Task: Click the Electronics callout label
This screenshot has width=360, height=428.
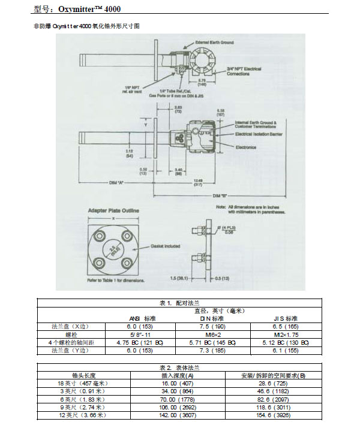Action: click(246, 146)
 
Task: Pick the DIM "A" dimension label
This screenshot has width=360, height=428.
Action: click(117, 182)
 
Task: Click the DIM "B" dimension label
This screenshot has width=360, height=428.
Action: click(221, 195)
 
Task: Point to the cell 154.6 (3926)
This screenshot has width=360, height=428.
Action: click(275, 415)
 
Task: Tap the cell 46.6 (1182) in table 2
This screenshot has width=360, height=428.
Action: click(275, 391)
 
